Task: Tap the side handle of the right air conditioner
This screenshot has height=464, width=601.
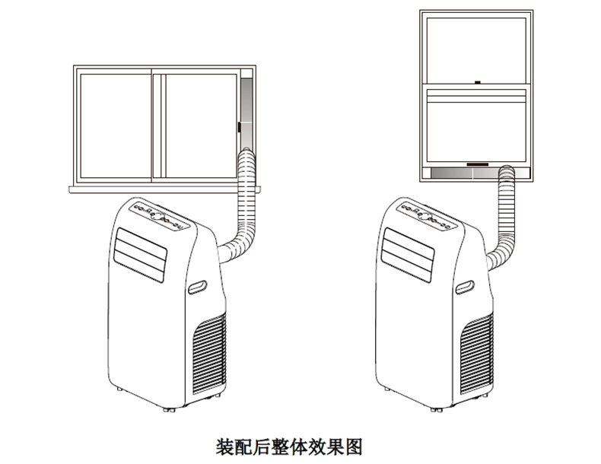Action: pos(465,288)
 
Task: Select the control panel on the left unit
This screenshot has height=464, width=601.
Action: pos(158,216)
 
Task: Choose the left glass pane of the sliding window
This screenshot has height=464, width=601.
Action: pos(113,125)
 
